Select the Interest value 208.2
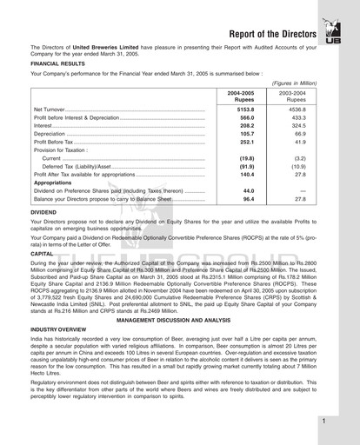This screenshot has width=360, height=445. (x=246, y=126)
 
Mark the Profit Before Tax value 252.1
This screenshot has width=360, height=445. (x=246, y=143)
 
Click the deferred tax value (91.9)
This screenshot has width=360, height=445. (x=246, y=166)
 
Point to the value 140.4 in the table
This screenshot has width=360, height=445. (x=246, y=175)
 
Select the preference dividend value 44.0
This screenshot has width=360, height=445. (x=248, y=190)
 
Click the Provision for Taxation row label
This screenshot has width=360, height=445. (x=64, y=150)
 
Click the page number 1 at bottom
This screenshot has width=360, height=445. (x=323, y=421)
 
